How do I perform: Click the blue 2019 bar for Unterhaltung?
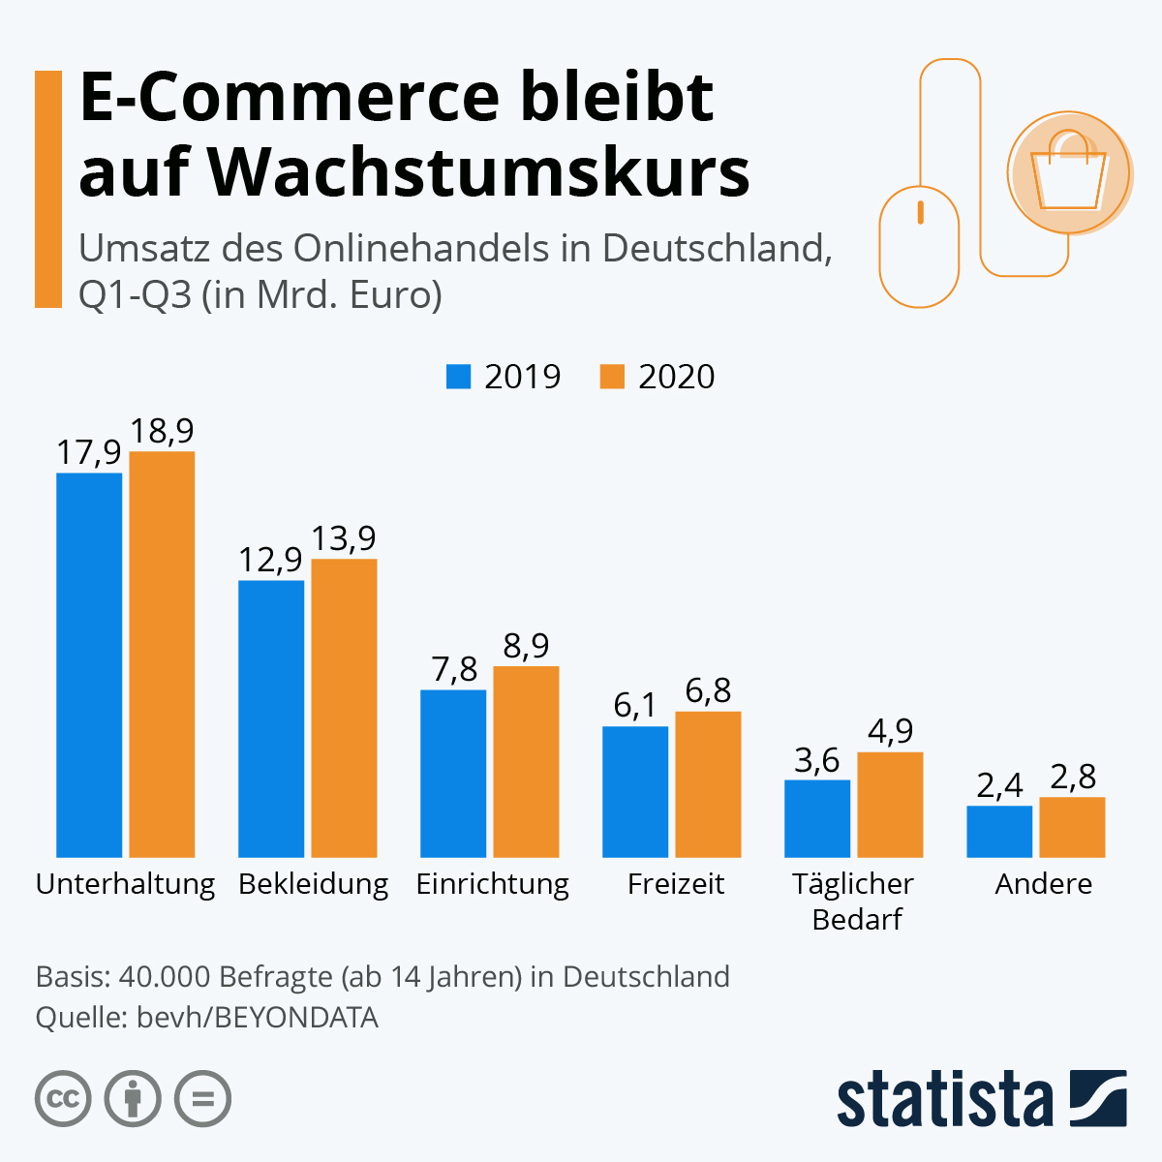pos(89,664)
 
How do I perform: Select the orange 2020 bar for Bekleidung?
pos(344,708)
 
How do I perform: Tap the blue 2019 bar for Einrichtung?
pos(453,773)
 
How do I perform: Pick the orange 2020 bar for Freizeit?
pos(708,784)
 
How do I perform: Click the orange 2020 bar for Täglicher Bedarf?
pos(890,804)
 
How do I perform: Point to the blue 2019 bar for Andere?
pos(999,831)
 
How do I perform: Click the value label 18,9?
pos(163,431)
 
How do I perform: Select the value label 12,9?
pos(271,560)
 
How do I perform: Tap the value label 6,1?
pos(635,706)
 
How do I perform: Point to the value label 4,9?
pos(890,731)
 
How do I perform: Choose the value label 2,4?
pos(999,785)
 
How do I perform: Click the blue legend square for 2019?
pos(458,376)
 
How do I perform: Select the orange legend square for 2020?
pos(612,376)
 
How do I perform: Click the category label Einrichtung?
pos(492,884)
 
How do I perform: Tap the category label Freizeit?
pos(676,884)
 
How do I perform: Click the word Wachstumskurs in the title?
pos(479,172)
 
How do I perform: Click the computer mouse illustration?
pos(919,246)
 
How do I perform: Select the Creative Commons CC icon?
pos(63,1099)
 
